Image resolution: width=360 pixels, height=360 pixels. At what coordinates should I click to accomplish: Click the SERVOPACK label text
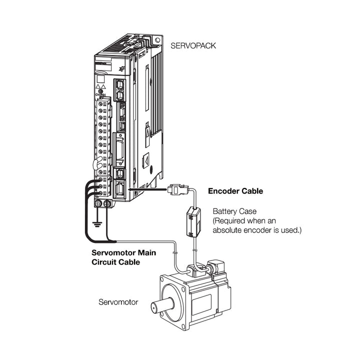pos(193,45)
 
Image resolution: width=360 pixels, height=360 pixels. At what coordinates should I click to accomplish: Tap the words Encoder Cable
pos(235,191)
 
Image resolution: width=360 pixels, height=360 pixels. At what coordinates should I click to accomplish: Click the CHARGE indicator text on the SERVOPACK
pos(100,93)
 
